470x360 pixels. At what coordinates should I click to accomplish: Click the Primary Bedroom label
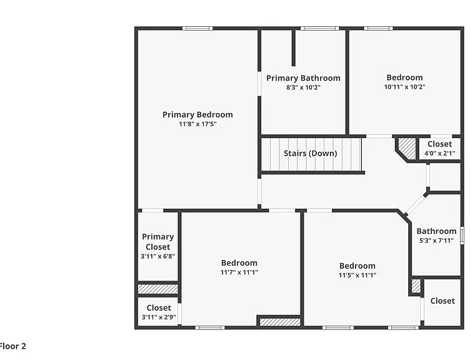197,115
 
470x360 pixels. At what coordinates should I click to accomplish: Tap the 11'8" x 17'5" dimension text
198,124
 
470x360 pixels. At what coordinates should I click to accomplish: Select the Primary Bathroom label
303,78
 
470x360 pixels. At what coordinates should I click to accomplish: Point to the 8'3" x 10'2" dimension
303,87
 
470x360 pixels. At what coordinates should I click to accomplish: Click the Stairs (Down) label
311,154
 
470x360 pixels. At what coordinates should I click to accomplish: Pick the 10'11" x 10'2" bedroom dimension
404,87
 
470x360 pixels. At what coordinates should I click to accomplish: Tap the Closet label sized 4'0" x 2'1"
440,144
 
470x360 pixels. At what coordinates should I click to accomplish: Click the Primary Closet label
158,242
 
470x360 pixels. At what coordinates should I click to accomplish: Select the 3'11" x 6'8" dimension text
158,256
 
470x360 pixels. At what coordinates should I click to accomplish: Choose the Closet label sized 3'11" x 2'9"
159,308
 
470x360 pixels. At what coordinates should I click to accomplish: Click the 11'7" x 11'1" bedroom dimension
239,272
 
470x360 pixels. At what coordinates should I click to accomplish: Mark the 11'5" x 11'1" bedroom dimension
357,275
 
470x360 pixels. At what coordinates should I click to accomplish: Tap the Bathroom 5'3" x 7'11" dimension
436,241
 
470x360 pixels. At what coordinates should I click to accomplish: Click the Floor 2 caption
13,346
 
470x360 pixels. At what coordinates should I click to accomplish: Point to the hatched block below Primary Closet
157,289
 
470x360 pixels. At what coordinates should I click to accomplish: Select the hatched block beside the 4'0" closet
407,148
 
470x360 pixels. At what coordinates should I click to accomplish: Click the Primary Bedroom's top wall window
197,29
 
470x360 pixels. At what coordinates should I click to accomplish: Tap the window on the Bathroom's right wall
462,235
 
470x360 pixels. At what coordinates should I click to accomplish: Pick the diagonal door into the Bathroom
415,205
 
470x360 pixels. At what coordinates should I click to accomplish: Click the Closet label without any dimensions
442,301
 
